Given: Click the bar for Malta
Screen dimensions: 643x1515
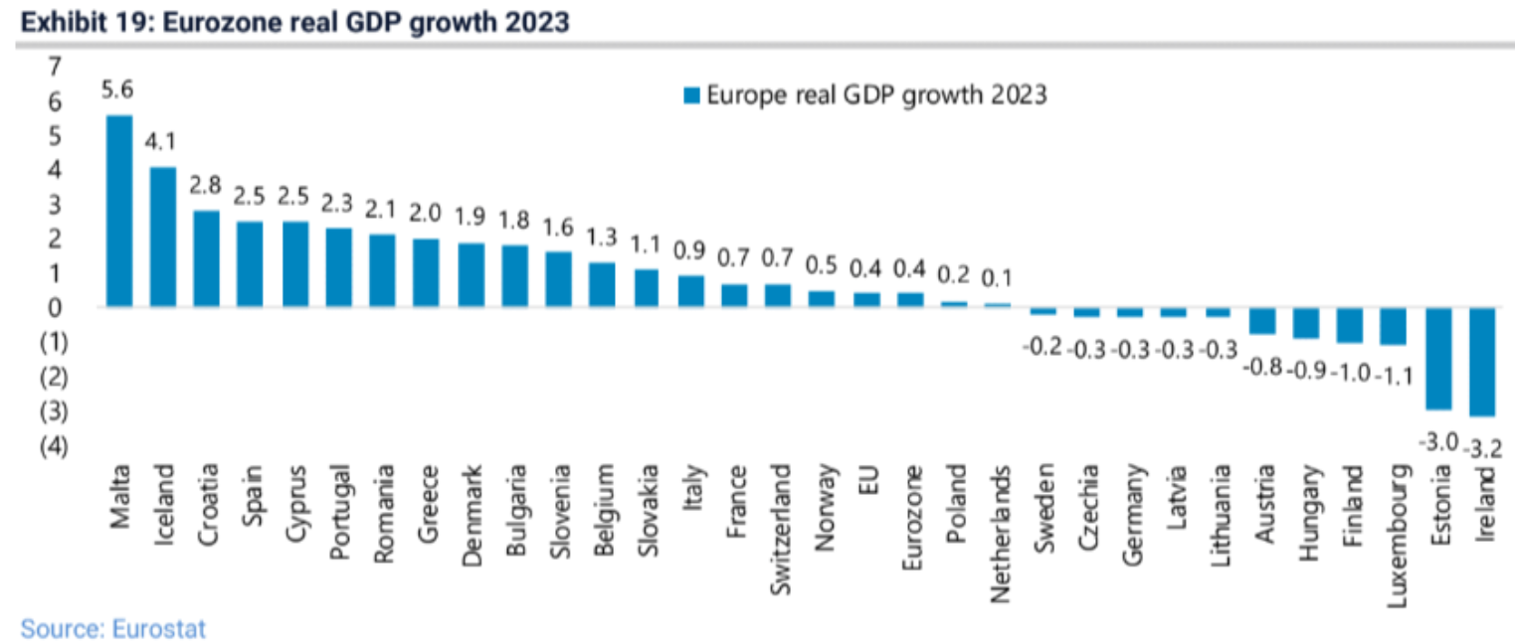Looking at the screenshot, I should [119, 211].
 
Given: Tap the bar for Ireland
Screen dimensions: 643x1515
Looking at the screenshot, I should [1482, 362].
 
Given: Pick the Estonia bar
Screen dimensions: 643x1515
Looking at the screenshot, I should [1438, 359].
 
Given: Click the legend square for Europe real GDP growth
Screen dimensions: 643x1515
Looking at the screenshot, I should [692, 95].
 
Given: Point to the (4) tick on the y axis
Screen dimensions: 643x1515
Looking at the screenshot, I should [53, 446].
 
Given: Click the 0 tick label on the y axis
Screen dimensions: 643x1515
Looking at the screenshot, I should [55, 307].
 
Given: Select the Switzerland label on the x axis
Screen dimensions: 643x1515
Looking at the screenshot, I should [781, 516].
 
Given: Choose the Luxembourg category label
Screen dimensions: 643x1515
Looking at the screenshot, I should [1397, 522].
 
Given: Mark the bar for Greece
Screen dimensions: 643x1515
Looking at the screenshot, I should [426, 272].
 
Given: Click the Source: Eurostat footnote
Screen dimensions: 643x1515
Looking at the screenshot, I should [112, 628].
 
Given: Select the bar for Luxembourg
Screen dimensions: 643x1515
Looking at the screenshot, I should [1394, 326].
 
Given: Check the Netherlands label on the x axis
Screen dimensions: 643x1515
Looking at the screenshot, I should [1000, 521].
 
